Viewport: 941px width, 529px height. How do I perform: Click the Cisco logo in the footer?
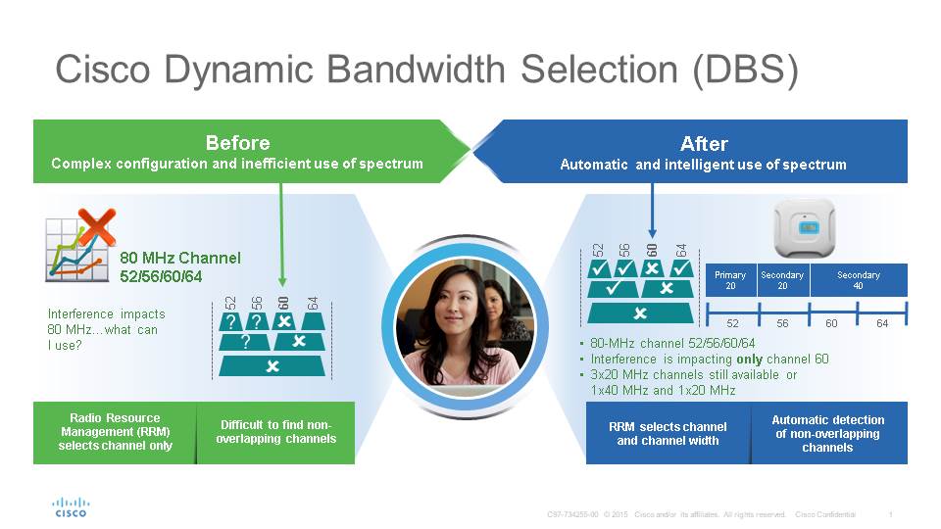[x=70, y=506]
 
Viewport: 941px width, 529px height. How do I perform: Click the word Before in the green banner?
[x=237, y=143]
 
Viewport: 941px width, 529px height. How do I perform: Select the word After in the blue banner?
[x=704, y=143]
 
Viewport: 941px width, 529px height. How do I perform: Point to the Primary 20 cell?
[x=730, y=280]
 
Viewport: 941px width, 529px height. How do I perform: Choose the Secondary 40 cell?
[x=858, y=280]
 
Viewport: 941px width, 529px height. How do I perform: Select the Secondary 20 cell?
[x=782, y=280]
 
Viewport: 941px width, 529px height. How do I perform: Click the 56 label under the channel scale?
[x=783, y=323]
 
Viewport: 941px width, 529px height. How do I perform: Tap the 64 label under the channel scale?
[x=882, y=323]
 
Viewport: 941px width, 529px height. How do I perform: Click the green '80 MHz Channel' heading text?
[x=179, y=259]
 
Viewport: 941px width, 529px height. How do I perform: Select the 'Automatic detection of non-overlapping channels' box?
[x=827, y=433]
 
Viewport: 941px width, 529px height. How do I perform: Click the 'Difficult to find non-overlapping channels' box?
[x=275, y=432]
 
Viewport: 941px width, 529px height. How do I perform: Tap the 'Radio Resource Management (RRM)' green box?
[x=115, y=432]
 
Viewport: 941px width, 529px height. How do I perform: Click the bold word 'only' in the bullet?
[x=721, y=360]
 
